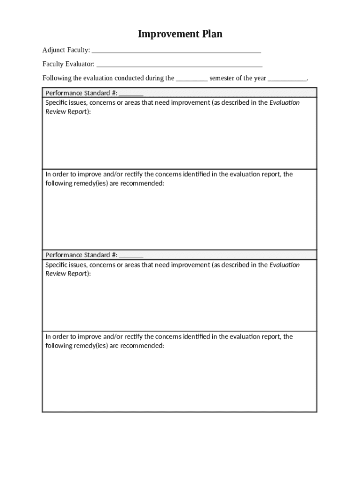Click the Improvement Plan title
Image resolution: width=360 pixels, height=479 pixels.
[180, 34]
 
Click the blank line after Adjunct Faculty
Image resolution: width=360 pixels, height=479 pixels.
[176, 51]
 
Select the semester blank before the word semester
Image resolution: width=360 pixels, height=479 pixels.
[192, 79]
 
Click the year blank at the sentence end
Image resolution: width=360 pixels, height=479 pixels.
[287, 79]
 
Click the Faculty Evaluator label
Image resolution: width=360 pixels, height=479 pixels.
[68, 64]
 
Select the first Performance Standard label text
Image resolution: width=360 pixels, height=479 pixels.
[81, 93]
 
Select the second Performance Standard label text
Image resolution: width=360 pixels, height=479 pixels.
[81, 255]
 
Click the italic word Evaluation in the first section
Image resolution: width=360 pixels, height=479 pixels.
[285, 102]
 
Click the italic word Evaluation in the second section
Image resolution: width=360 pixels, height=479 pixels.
[285, 265]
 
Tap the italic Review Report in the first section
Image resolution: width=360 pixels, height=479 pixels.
[65, 112]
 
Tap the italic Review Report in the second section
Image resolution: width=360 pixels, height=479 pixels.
[65, 274]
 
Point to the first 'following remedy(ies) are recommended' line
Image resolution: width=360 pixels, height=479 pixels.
[105, 183]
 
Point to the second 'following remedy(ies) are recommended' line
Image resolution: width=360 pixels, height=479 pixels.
[105, 346]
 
